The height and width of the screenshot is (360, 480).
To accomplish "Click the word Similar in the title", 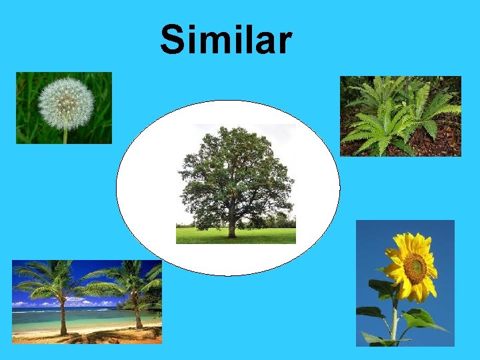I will (226, 40).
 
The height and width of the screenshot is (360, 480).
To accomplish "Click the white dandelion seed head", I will (66, 103).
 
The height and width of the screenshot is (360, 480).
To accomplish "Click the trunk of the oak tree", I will (231, 228).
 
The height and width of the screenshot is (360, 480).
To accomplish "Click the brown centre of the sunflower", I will (415, 268).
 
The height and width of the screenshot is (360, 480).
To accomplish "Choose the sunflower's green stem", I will (395, 320).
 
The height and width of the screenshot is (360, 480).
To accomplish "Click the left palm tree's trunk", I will (62, 317).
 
